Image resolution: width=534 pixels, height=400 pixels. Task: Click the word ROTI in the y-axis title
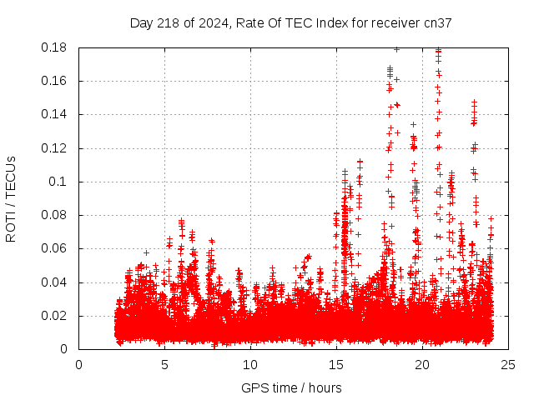click(11, 226)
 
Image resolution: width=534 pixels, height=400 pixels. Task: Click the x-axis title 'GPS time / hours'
click(291, 387)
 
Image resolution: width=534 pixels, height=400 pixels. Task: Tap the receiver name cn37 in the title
click(438, 23)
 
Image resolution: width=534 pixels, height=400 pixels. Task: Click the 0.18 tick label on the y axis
click(55, 47)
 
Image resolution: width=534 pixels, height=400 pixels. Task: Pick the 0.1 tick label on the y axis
click(61, 182)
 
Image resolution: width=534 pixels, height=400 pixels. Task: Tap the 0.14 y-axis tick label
click(55, 114)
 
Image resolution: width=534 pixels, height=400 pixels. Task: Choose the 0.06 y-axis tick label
click(55, 248)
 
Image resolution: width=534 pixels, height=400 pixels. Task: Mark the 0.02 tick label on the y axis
click(55, 316)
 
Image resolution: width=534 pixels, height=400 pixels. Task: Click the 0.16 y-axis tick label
click(55, 81)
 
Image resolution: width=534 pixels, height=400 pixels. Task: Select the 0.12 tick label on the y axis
click(55, 148)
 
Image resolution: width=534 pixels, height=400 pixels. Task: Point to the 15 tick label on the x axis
click(336, 365)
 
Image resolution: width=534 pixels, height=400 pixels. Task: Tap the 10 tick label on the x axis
click(250, 365)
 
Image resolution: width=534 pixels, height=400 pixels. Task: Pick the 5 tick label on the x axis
click(164, 365)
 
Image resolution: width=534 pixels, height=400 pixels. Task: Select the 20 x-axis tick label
click(423, 365)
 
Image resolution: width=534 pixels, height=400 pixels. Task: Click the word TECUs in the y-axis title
click(11, 177)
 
